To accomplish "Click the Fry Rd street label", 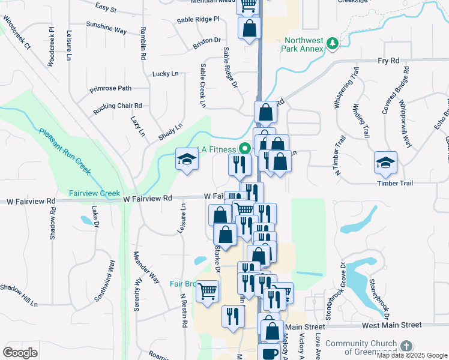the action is pos(388,61).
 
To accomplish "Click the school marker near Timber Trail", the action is pos(385,162).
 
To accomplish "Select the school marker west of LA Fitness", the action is pos(187,159).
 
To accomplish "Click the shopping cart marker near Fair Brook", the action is pos(207,292).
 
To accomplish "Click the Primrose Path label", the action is pos(110,88).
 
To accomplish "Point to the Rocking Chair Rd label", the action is pos(118,108).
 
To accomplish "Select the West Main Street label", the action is pos(391,325).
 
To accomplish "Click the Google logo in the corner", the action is pos(20,352).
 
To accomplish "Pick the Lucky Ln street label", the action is pos(166,74).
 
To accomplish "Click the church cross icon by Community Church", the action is pos(406,346).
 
